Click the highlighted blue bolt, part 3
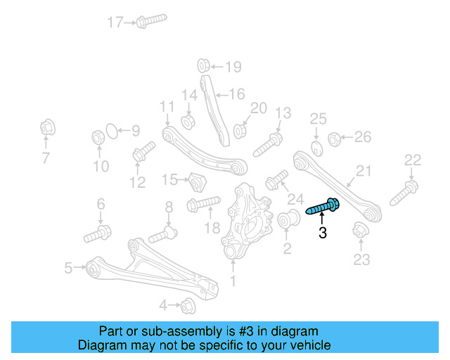(324, 207)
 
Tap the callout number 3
(323, 232)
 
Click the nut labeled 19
(201, 66)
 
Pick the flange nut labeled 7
(46, 129)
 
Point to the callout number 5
(68, 267)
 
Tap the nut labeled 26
(335, 138)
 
